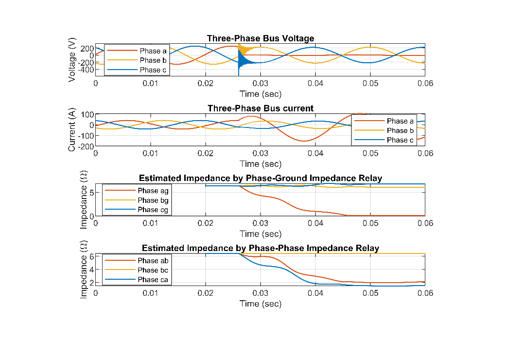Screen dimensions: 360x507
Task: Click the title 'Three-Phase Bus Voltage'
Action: (x=260, y=38)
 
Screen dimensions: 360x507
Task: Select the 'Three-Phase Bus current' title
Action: (x=260, y=108)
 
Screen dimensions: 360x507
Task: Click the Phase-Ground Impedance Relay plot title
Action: (x=260, y=178)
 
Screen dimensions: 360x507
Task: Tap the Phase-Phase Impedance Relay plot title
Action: (x=260, y=248)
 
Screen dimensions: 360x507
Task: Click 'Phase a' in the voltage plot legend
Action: (x=153, y=51)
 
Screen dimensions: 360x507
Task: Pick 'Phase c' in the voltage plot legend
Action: (x=153, y=70)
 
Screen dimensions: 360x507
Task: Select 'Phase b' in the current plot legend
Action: (x=397, y=130)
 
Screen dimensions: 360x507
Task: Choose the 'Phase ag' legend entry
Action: (x=153, y=191)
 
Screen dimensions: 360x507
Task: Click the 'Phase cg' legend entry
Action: (x=153, y=210)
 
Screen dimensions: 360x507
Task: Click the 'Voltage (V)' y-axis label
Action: (x=72, y=60)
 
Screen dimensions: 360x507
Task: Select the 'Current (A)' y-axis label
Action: (x=72, y=130)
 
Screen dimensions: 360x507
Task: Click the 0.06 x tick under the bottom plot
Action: (x=425, y=293)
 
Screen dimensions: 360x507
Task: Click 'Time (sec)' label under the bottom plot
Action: (x=260, y=304)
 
